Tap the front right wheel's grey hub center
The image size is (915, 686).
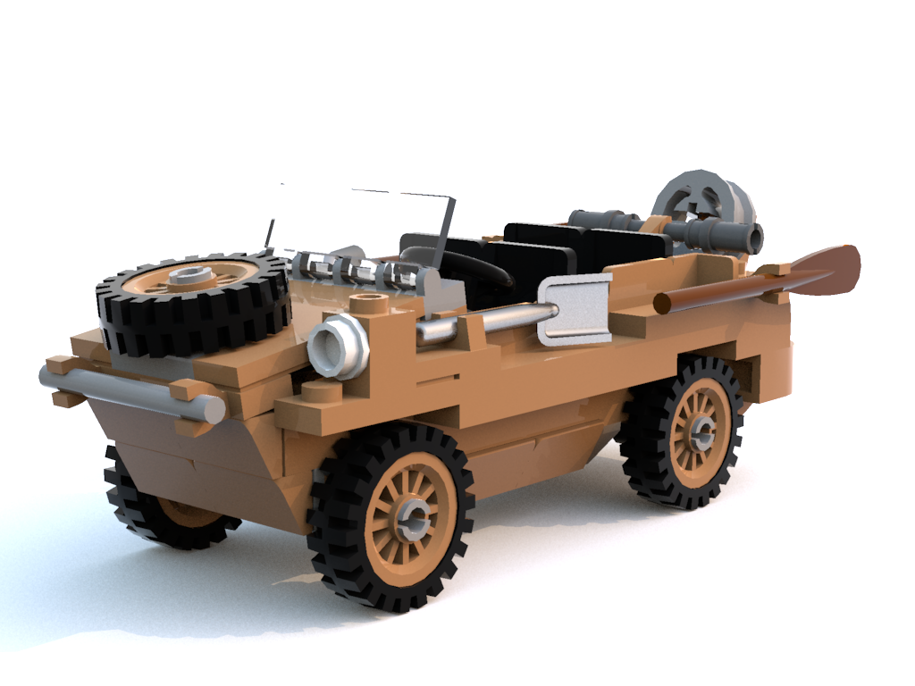coord(413,517)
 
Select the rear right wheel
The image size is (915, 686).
coord(684,433)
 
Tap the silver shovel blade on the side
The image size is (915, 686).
coord(575,308)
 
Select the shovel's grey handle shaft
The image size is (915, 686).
coord(483,322)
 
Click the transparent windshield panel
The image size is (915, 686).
coord(357,223)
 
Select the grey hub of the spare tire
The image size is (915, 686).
coord(190,274)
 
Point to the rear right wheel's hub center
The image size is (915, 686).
coord(701,434)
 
